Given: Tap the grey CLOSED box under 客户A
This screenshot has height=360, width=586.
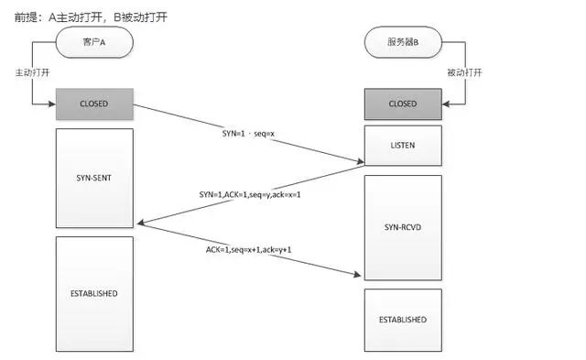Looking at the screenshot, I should [x=94, y=104].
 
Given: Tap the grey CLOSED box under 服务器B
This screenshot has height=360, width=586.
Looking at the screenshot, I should [x=403, y=104].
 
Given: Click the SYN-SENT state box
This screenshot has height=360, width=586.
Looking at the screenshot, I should [x=94, y=178].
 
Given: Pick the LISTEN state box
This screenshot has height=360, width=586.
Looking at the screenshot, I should [x=403, y=146].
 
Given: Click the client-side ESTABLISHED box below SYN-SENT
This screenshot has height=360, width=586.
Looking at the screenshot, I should [x=94, y=292].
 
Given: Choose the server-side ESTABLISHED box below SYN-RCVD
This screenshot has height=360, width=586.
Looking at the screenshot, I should [x=403, y=320].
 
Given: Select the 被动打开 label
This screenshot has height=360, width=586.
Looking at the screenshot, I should [x=466, y=70].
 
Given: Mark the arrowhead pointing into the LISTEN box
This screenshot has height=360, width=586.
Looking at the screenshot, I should [x=360, y=165].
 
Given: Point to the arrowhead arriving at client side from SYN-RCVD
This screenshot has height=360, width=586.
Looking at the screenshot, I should [x=138, y=223].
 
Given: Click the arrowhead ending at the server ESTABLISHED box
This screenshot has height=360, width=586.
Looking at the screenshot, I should [x=360, y=275].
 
